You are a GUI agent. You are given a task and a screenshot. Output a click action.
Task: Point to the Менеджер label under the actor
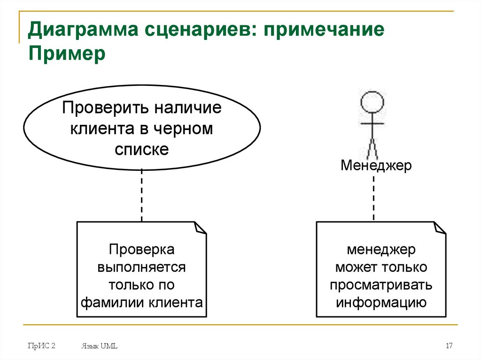pyautogui.click(x=376, y=165)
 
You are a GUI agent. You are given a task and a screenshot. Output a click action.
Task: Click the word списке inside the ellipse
pyautogui.click(x=141, y=149)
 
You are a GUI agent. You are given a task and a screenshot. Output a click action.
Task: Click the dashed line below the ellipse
pyautogui.click(x=141, y=195)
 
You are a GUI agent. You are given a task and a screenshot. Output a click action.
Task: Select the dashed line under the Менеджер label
pyautogui.click(x=374, y=197)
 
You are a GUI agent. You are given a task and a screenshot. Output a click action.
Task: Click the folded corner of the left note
pyautogui.click(x=201, y=227)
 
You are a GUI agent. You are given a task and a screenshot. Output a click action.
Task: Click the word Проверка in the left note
pyautogui.click(x=141, y=250)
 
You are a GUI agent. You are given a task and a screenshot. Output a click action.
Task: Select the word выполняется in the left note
pyautogui.click(x=141, y=267)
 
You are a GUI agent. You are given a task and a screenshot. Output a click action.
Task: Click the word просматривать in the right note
pyautogui.click(x=380, y=285)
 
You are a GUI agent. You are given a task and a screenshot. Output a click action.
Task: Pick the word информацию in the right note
pyautogui.click(x=380, y=302)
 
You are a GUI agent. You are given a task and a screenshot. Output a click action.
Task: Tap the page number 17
pyautogui.click(x=449, y=346)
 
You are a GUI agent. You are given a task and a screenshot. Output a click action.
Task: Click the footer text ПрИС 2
pyautogui.click(x=41, y=346)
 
